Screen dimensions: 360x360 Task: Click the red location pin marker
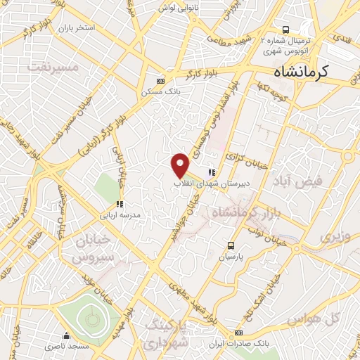pyautogui.click(x=181, y=165)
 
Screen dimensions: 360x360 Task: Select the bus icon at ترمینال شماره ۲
pyautogui.click(x=285, y=30)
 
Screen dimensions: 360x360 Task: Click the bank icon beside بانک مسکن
pyautogui.click(x=160, y=81)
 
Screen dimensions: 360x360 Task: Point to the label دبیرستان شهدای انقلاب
pyautogui.click(x=209, y=183)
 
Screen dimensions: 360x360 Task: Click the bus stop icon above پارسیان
pyautogui.click(x=231, y=245)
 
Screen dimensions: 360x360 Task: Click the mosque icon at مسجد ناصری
pyautogui.click(x=67, y=336)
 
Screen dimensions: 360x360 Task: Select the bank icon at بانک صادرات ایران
pyautogui.click(x=239, y=333)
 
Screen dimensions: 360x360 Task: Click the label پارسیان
pyautogui.click(x=231, y=257)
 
